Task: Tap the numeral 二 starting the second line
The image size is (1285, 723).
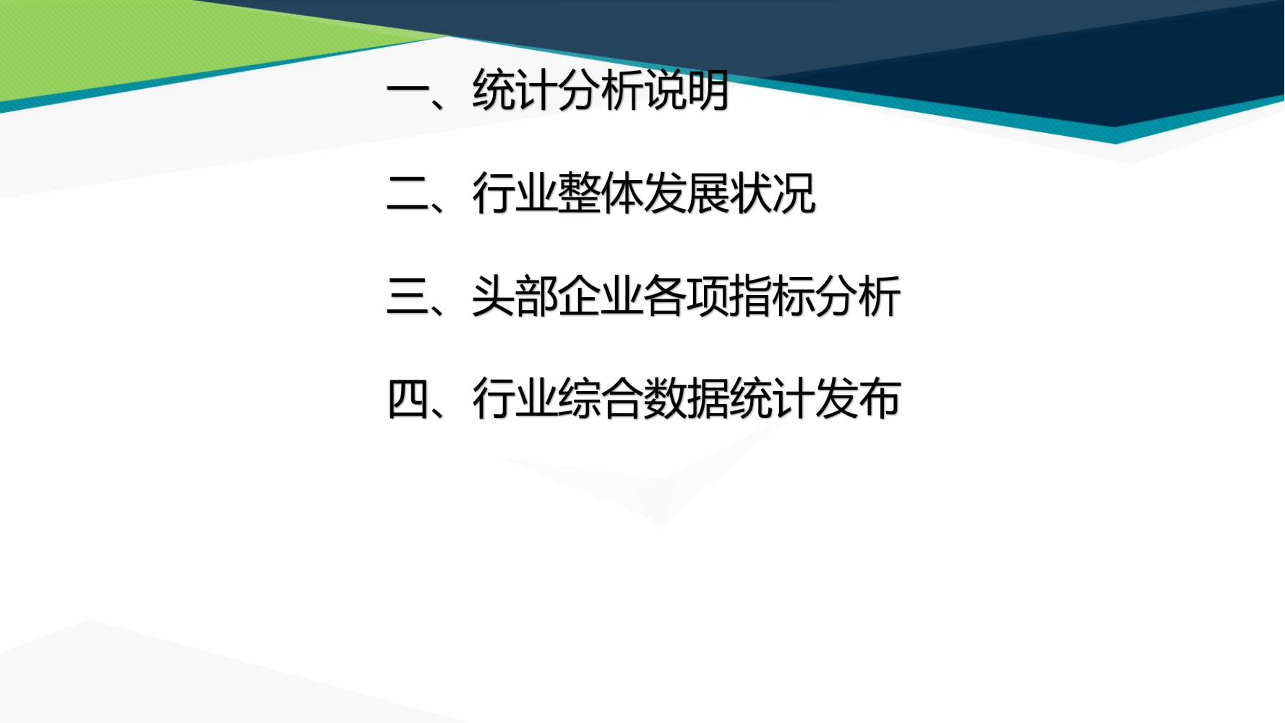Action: [x=408, y=193]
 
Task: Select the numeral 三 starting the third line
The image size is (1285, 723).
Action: [x=408, y=296]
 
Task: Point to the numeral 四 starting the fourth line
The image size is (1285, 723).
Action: [x=408, y=398]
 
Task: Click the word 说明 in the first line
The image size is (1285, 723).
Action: [x=687, y=90]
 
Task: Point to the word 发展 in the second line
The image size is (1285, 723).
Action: [x=687, y=193]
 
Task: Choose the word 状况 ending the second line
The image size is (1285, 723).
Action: [x=773, y=193]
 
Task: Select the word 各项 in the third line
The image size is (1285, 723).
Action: [x=687, y=296]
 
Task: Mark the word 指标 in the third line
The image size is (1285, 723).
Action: [x=773, y=296]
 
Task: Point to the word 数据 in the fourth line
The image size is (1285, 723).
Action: [x=687, y=398]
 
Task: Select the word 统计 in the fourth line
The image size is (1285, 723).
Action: [x=773, y=398]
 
